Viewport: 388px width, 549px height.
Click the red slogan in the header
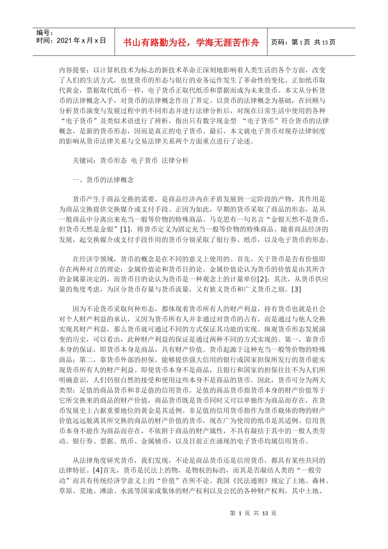click(191, 42)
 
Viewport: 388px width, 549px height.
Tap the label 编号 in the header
click(42, 33)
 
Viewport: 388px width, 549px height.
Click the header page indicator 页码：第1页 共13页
click(303, 42)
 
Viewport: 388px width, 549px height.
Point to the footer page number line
click(253, 513)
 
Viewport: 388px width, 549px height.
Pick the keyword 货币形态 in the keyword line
click(114, 161)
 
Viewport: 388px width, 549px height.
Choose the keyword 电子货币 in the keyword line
click(144, 161)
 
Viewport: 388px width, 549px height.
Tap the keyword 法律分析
click(175, 161)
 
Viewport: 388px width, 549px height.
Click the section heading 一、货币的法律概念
click(103, 180)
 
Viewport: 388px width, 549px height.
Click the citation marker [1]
click(123, 229)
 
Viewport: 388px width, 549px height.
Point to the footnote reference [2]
click(263, 279)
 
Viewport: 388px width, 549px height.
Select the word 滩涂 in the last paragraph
click(107, 491)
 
